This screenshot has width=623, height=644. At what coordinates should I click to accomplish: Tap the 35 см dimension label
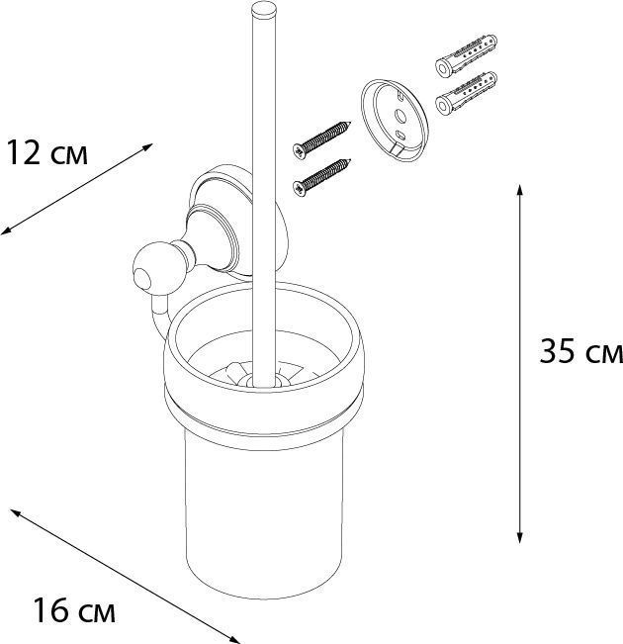click(x=579, y=352)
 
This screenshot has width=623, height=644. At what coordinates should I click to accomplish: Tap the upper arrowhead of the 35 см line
click(x=520, y=188)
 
